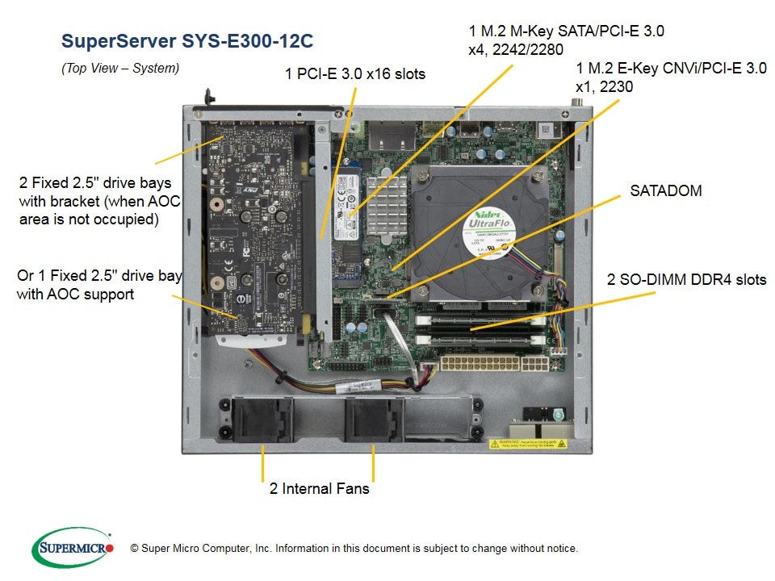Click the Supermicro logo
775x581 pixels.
(72, 548)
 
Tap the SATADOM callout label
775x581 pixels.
(665, 191)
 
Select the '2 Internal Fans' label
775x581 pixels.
(319, 488)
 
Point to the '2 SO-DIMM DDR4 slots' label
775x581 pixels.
(686, 280)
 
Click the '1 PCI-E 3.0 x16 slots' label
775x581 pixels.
(355, 74)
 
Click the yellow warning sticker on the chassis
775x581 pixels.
(528, 443)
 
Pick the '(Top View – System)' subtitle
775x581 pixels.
(120, 69)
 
